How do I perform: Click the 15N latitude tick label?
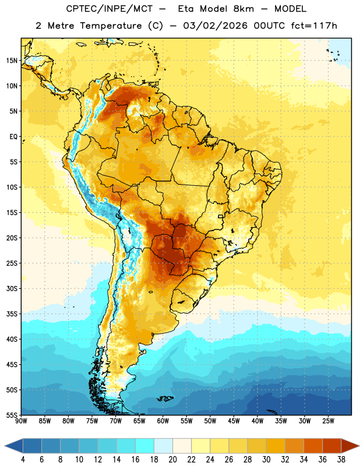pyautogui.click(x=12, y=61)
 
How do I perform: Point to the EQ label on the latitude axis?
pyautogui.click(x=14, y=137)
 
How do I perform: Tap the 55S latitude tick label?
pyautogui.click(x=12, y=415)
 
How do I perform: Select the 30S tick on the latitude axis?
pyautogui.click(x=12, y=288)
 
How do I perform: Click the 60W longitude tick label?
pyautogui.click(x=163, y=421)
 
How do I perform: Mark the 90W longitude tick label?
pyautogui.click(x=21, y=421)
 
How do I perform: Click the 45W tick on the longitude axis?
pyautogui.click(x=234, y=421)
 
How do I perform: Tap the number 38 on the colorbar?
pyautogui.click(x=341, y=460)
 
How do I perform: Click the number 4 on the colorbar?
pyautogui.click(x=23, y=460)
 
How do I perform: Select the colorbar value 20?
pyautogui.click(x=172, y=460)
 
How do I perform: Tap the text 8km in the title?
pyautogui.click(x=243, y=9)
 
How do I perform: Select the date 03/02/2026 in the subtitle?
pyautogui.click(x=215, y=26)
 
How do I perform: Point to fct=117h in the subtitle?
pyautogui.click(x=314, y=26)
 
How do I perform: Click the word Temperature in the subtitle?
pyautogui.click(x=111, y=26)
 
